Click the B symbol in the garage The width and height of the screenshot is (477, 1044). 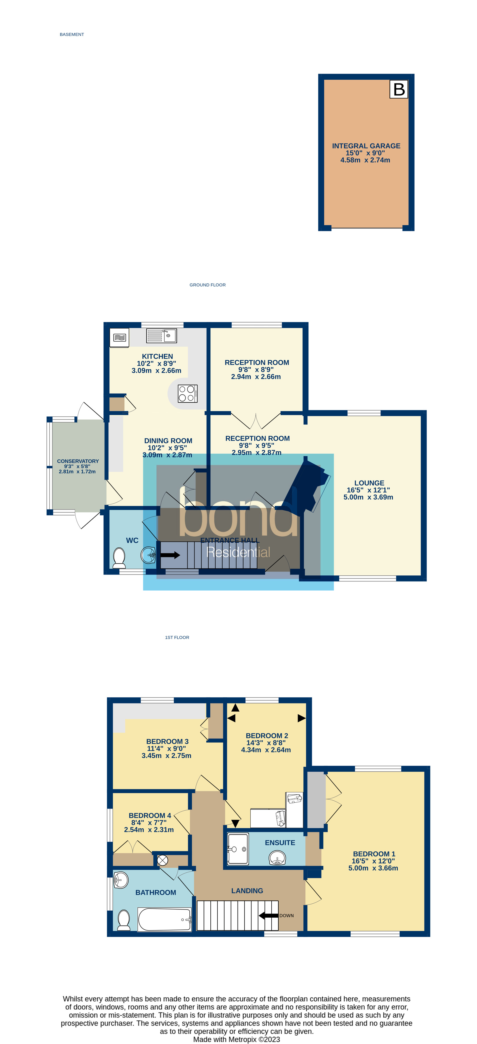tap(399, 89)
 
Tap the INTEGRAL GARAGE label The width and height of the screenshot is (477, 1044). tap(366, 146)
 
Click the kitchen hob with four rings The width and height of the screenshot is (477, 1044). tap(187, 393)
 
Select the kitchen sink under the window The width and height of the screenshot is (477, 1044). tap(161, 336)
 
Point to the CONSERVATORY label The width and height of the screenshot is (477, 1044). tap(78, 461)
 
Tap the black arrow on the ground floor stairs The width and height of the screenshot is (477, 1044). tap(170, 555)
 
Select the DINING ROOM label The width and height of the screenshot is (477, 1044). tap(168, 441)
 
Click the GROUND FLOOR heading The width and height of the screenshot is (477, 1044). tap(207, 285)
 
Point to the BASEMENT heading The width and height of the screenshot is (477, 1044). tap(72, 34)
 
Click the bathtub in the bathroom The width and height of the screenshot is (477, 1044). tap(164, 919)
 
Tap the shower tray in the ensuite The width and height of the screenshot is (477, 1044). tap(237, 849)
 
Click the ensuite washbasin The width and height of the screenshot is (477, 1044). tap(277, 858)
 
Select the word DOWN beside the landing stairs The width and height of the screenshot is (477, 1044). tap(286, 916)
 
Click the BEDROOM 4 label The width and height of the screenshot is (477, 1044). tap(150, 816)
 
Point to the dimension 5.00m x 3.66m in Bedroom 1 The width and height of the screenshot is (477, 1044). tap(373, 868)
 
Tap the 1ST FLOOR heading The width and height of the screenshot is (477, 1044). tap(177, 638)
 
